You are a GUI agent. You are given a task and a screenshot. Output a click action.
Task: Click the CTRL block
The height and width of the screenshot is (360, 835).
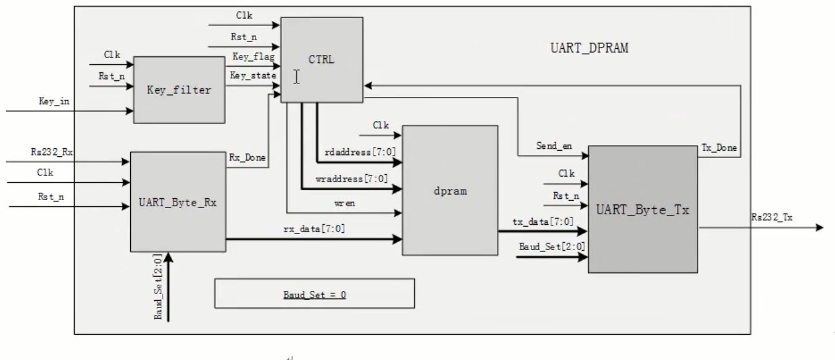point(322,60)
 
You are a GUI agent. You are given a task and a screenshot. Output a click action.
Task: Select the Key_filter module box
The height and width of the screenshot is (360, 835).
point(180,90)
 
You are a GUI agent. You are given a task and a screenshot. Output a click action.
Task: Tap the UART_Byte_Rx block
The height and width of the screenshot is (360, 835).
point(178,202)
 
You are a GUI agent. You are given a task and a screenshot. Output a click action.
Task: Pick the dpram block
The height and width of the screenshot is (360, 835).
point(450,191)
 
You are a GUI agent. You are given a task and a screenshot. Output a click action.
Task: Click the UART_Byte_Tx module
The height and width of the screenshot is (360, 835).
point(642,210)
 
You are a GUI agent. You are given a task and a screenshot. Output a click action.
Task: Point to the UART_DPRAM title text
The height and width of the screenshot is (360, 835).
point(589,48)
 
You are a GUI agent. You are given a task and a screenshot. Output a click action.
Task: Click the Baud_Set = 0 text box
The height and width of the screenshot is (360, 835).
point(315,293)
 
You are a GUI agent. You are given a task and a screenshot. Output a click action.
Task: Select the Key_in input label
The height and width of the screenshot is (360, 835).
point(54,101)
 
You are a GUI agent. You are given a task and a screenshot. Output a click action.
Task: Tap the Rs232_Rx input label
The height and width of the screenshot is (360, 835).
point(52,152)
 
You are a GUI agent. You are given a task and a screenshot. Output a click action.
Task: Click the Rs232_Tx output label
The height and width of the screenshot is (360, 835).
point(771,217)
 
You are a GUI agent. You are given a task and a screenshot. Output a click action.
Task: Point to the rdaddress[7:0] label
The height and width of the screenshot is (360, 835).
point(360,152)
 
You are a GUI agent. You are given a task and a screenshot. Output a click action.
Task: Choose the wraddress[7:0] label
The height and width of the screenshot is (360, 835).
point(352,179)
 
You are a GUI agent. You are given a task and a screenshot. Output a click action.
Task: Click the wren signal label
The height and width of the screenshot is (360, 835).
point(345,204)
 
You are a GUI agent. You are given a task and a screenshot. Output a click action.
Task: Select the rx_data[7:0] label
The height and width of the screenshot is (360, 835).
point(314,228)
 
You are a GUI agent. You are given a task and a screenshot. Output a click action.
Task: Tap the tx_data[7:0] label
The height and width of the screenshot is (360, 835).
point(542,222)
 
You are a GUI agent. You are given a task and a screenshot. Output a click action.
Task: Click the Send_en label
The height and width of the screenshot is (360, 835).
point(554,146)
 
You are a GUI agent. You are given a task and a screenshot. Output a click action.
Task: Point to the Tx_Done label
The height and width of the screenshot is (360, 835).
point(719,148)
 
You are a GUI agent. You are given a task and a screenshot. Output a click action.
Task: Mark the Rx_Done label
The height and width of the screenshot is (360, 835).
point(247,158)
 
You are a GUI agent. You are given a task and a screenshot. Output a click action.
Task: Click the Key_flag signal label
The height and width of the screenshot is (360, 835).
point(254,57)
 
